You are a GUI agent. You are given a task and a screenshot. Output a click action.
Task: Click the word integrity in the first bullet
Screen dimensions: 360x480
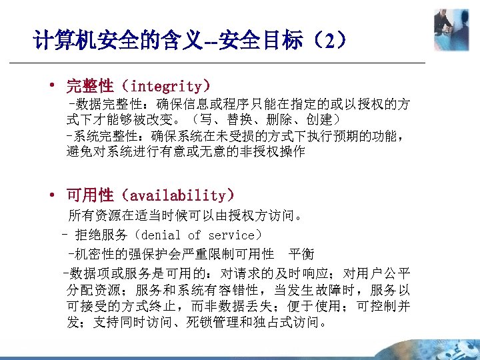(166, 86)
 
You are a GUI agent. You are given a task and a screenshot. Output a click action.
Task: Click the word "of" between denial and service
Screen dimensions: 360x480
(194, 235)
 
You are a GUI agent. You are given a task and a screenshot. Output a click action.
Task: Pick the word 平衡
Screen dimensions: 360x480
(301, 254)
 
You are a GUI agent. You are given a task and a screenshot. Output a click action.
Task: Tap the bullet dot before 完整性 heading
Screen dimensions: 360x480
(51, 86)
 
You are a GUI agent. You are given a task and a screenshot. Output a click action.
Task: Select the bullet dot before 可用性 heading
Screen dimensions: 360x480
(51, 195)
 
